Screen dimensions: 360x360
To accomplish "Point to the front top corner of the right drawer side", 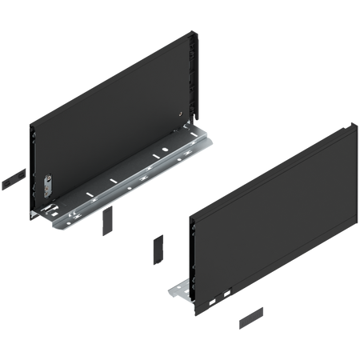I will (x=188, y=215).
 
